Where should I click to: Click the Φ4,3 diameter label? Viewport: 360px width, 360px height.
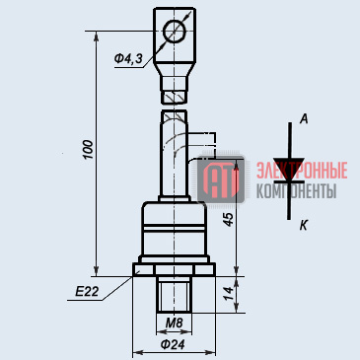pyautogui.click(x=128, y=59)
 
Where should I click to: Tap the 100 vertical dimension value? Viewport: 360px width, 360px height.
pyautogui.click(x=88, y=150)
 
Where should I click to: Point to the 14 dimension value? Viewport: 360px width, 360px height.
pyautogui.click(x=229, y=295)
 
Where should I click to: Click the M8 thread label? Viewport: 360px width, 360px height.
pyautogui.click(x=174, y=323)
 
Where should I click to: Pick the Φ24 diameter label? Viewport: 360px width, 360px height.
pyautogui.click(x=173, y=344)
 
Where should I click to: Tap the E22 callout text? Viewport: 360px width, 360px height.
pyautogui.click(x=87, y=291)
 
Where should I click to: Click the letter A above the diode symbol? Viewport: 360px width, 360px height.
pyautogui.click(x=304, y=119)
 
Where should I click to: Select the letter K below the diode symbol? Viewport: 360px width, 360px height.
pyautogui.click(x=304, y=226)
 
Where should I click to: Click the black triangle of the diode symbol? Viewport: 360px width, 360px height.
pyautogui.click(x=289, y=168)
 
